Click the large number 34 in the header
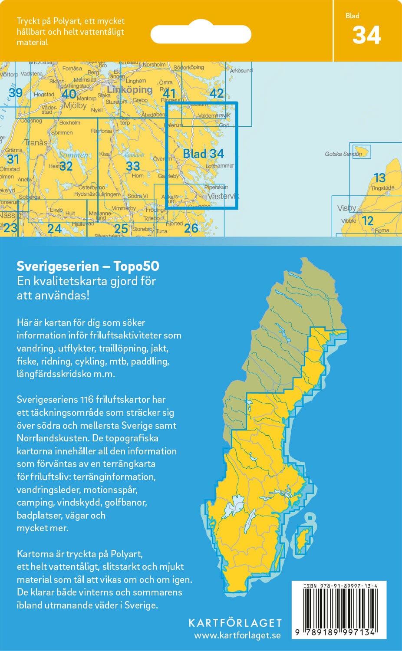tap(366, 35)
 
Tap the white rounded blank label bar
tap(201, 34)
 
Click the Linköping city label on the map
tap(129, 90)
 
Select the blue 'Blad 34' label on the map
tap(203, 154)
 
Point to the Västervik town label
tap(223, 196)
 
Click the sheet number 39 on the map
tap(16, 92)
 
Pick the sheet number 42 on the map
tap(216, 93)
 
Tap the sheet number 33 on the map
tap(133, 166)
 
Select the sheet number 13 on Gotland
tap(379, 178)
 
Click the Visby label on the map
tap(346, 208)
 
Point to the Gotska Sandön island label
tap(343, 154)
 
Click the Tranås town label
tap(36, 143)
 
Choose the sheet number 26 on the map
tap(191, 228)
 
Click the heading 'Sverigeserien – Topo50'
tap(88, 266)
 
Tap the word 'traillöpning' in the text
tap(133, 348)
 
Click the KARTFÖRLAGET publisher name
tap(235, 623)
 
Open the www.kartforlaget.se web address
tap(237, 635)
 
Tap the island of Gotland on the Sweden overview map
tap(303, 539)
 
